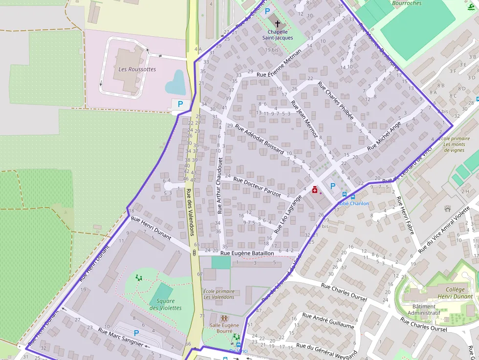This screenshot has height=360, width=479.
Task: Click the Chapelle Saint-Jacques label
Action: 278,35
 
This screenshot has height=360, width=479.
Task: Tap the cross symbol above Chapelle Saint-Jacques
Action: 278,23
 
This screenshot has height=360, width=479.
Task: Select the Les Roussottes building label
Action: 137,69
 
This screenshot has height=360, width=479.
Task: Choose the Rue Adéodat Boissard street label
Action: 259,139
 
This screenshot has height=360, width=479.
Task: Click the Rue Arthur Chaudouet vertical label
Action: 219,185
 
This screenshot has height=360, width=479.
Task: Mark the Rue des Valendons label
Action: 191,212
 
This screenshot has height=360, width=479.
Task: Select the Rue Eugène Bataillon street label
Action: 247,254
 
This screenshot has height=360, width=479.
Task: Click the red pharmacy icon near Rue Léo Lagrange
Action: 315,190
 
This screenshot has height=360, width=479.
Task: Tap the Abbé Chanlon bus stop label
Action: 353,203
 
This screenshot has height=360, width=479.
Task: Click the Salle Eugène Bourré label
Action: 224,328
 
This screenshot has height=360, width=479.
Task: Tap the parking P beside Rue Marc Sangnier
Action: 136,333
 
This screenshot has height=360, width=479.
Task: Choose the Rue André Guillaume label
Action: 328,320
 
